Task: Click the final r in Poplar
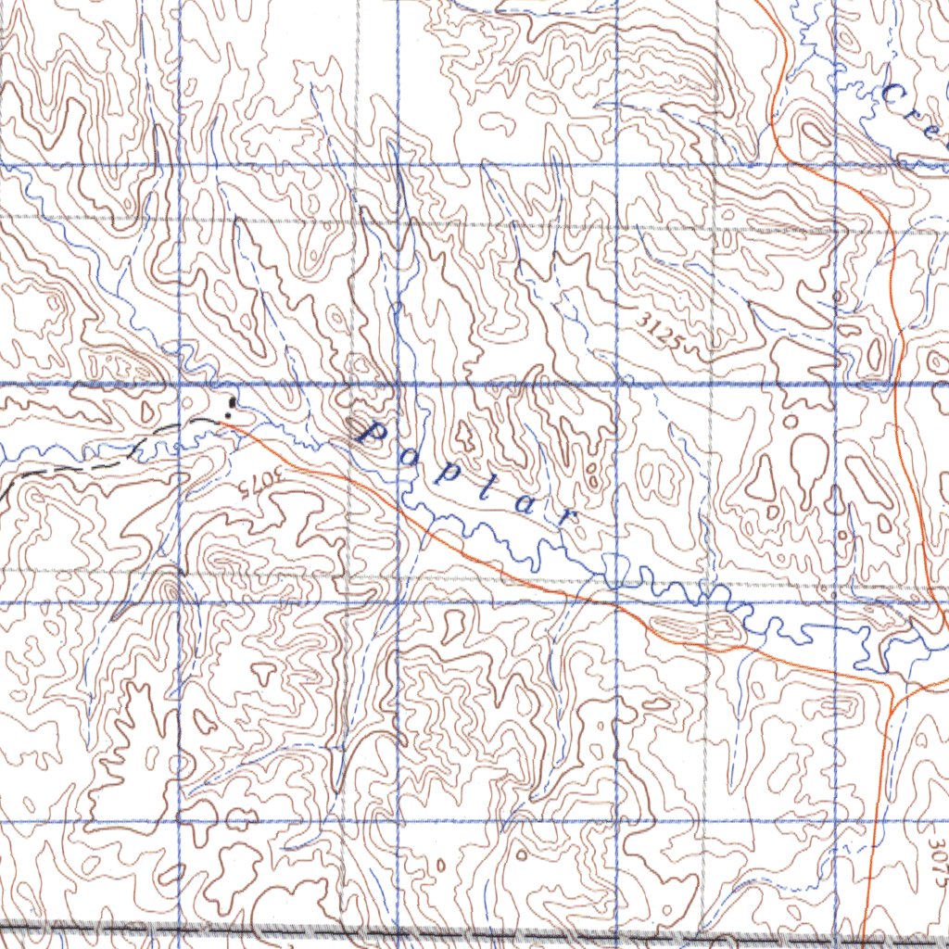(561, 517)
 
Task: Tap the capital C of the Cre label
(895, 94)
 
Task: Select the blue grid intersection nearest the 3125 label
(618, 383)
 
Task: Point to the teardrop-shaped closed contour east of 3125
(808, 457)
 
